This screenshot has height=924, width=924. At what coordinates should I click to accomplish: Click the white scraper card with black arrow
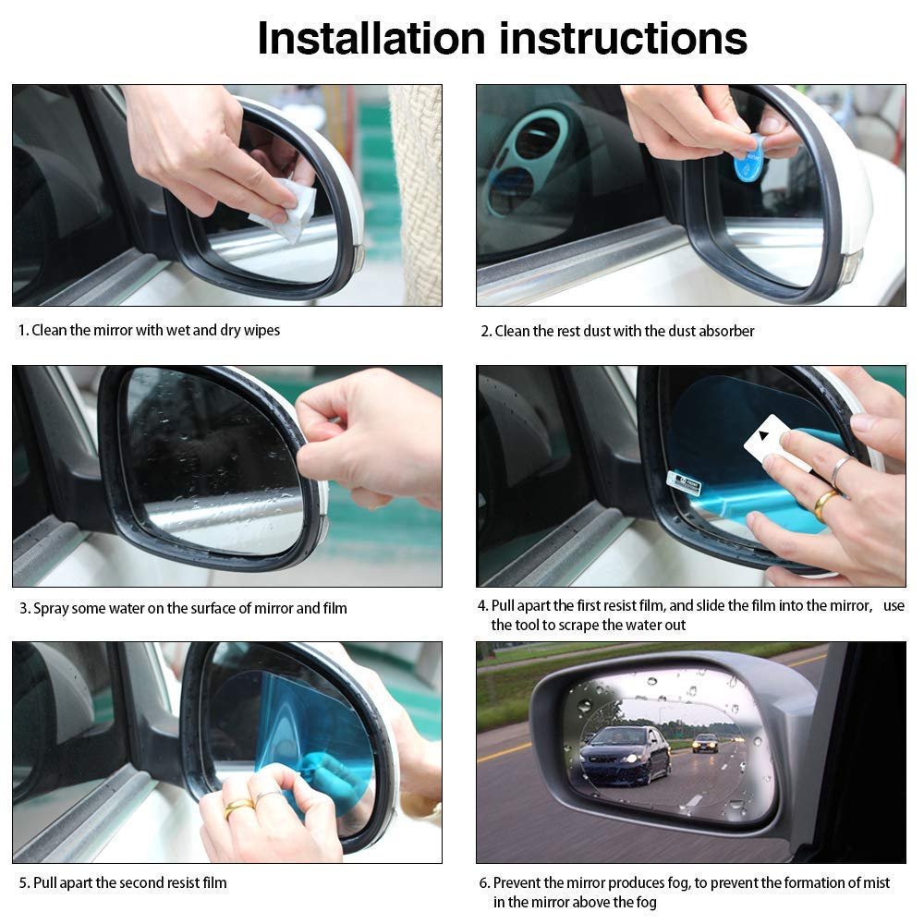[771, 442]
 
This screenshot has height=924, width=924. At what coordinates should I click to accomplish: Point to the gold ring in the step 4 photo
[825, 504]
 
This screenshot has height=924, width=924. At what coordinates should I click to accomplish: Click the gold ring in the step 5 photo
[238, 808]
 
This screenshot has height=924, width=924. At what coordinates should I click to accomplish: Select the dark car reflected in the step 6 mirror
[626, 753]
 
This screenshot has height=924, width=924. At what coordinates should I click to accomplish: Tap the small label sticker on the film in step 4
[684, 482]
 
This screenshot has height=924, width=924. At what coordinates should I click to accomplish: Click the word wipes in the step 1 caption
[261, 330]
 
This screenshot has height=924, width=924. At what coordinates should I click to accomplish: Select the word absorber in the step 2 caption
[726, 331]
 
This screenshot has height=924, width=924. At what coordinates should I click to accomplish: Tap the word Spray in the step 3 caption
[50, 608]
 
